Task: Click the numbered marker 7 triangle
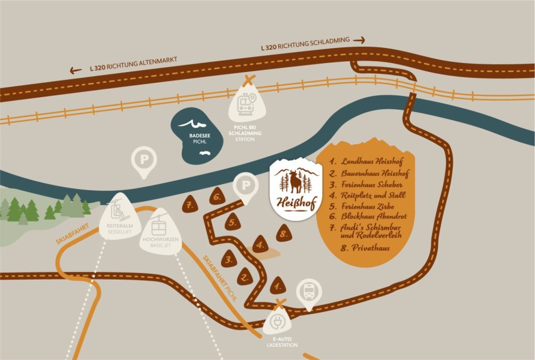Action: (x=190, y=204)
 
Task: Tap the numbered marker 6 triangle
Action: (x=217, y=196)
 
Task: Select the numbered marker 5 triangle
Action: (x=234, y=223)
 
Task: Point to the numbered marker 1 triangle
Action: (x=276, y=283)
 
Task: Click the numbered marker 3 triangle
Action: (x=228, y=259)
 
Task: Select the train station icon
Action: (x=246, y=106)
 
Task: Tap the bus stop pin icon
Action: (x=309, y=292)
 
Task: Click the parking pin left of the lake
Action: (x=144, y=162)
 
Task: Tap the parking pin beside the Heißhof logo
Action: (x=245, y=186)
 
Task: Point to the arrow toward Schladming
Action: (x=359, y=40)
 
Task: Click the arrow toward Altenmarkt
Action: (x=76, y=70)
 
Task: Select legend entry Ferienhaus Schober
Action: (x=372, y=185)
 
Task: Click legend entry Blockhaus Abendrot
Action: (x=372, y=216)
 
